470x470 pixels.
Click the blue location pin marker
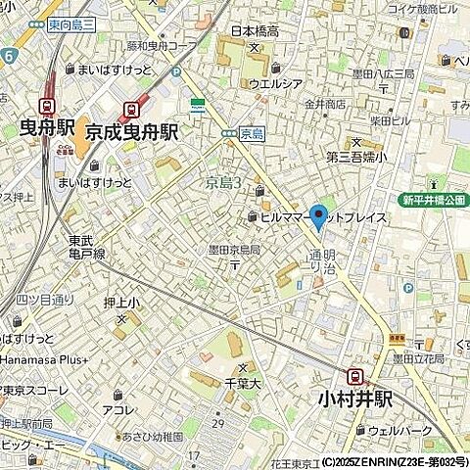click(x=318, y=216)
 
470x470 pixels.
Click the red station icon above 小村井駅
click(x=355, y=376)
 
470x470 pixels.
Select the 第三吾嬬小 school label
click(x=356, y=155)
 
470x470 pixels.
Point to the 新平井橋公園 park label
click(x=432, y=200)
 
